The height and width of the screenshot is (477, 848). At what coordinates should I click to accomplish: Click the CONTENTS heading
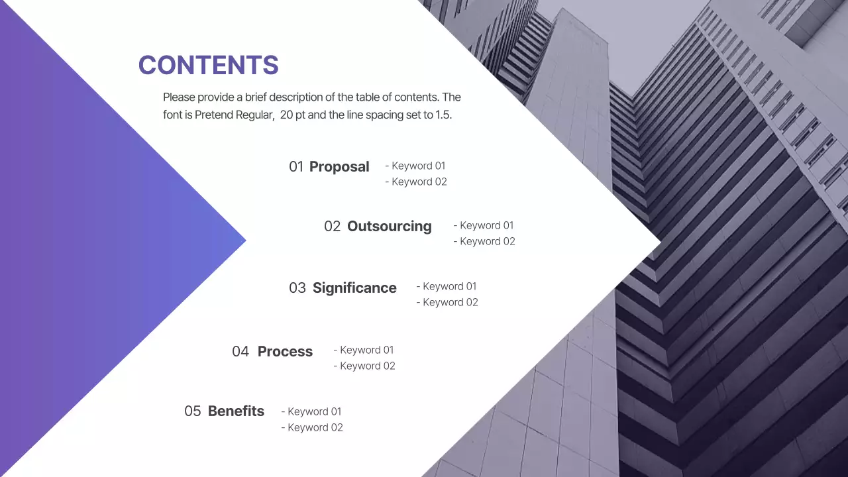(x=208, y=65)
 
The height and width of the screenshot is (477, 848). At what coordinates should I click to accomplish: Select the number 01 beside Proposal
(x=295, y=167)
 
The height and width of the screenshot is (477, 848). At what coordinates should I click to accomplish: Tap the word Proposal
(x=339, y=167)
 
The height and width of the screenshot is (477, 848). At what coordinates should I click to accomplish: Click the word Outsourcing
(x=389, y=227)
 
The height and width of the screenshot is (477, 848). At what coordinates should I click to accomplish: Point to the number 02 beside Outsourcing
(x=332, y=227)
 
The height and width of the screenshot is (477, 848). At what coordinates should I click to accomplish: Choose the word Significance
(x=354, y=288)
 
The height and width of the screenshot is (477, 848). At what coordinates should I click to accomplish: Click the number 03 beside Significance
(x=297, y=288)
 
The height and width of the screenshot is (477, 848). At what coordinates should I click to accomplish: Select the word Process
(x=285, y=352)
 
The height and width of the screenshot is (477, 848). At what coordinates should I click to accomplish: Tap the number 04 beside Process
(x=240, y=352)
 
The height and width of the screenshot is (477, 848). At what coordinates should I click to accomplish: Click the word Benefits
(x=236, y=411)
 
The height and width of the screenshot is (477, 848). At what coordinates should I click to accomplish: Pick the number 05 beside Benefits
(x=192, y=411)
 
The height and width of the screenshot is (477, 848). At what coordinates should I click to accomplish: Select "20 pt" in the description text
(x=296, y=115)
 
